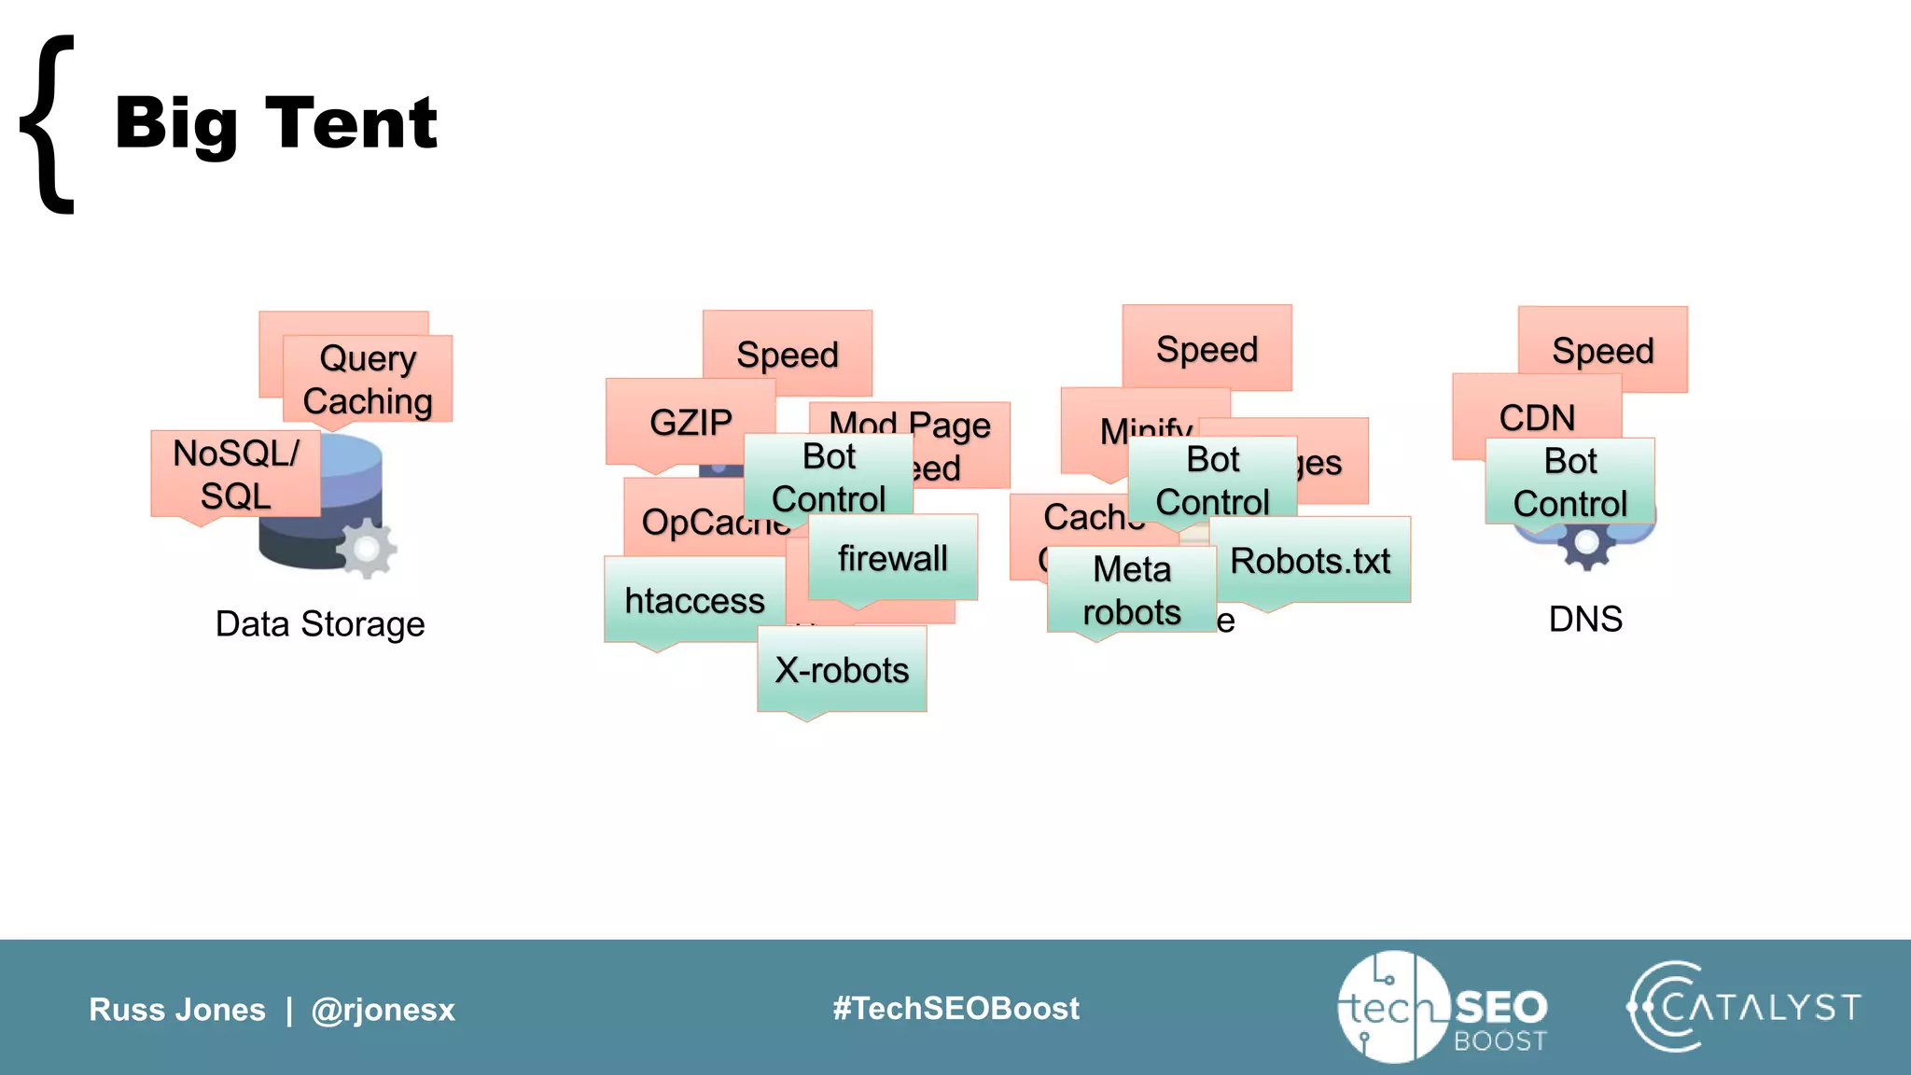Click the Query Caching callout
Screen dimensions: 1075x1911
click(x=368, y=380)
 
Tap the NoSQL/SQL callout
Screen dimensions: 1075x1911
click(x=235, y=474)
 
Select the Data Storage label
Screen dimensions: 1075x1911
click(x=320, y=624)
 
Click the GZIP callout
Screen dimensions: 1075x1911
click(x=690, y=422)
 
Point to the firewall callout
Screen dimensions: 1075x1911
click(x=892, y=558)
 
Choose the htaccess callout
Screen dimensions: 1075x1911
click(x=694, y=600)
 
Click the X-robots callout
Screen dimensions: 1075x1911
click(x=842, y=670)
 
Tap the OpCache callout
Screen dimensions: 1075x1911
click(x=690, y=521)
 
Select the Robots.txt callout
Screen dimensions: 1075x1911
click(x=1310, y=561)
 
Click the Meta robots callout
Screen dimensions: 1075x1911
click(x=1131, y=591)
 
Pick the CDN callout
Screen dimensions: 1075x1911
click(x=1537, y=416)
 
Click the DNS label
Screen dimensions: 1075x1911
click(x=1585, y=619)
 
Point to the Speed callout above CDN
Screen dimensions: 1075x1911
click(x=1602, y=351)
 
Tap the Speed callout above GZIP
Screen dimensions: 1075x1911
click(x=787, y=355)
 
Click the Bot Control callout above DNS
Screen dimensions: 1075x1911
click(x=1570, y=482)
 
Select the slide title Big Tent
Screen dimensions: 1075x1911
click(x=276, y=123)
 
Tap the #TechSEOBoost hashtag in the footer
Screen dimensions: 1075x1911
click(x=955, y=1009)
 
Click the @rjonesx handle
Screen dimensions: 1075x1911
click(x=383, y=1010)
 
